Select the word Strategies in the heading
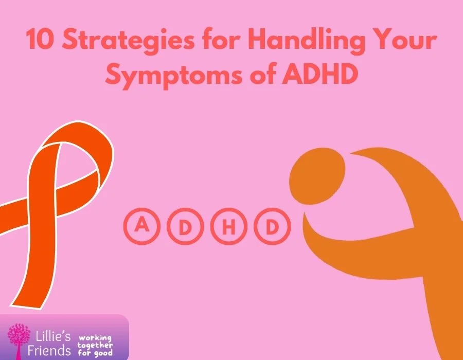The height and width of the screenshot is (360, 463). [129, 41]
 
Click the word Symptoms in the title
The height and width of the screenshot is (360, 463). [174, 75]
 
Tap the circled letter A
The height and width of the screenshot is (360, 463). [142, 226]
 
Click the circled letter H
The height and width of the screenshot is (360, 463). [228, 226]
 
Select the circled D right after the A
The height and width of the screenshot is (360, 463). [185, 226]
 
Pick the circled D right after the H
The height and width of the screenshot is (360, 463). [272, 226]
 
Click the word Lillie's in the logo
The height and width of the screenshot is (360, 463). [53, 336]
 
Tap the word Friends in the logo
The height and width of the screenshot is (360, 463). [49, 350]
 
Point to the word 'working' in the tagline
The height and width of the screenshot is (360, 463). [95, 338]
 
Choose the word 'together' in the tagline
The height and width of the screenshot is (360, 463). [95, 345]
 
